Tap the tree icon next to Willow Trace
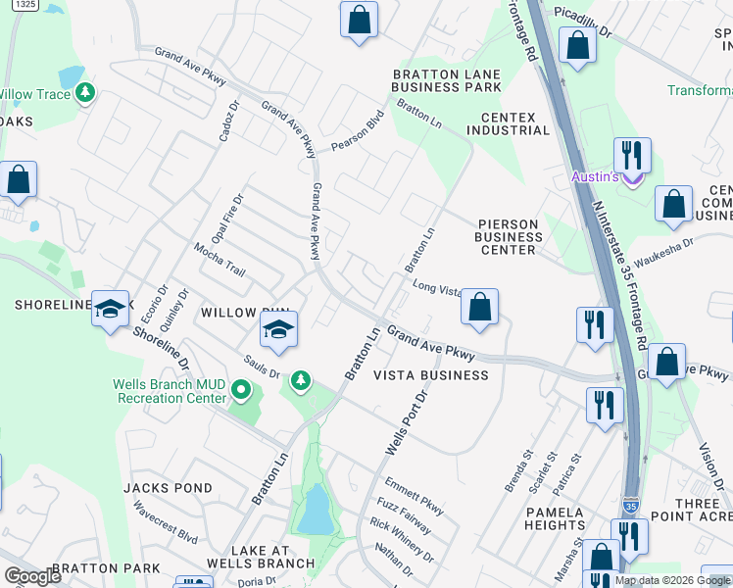point(86,93)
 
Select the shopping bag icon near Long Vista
point(478,308)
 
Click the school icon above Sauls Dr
point(278,330)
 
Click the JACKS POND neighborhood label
point(168,488)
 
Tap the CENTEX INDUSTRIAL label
point(508,122)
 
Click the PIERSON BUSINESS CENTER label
point(508,236)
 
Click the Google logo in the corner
point(33,576)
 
